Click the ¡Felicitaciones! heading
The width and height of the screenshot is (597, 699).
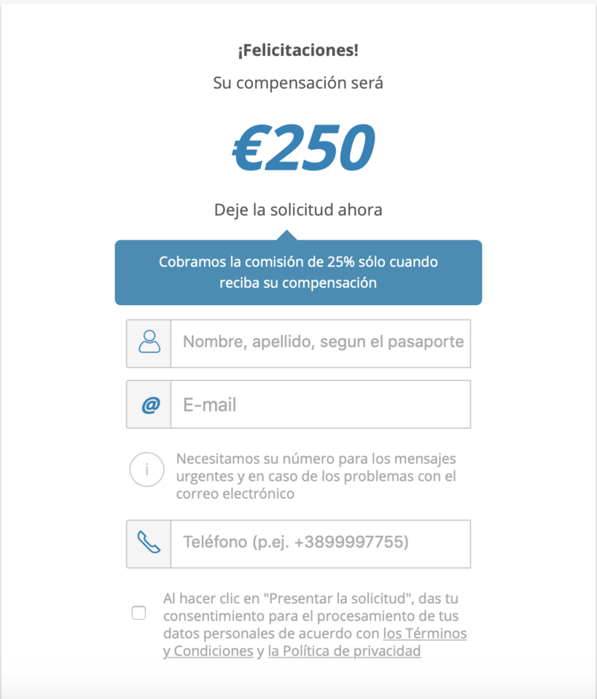point(298,51)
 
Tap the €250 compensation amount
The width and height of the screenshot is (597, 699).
point(303,148)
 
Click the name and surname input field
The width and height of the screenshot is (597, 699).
point(321,342)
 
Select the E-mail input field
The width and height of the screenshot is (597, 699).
point(321,404)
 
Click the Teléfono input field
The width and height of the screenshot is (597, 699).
point(321,543)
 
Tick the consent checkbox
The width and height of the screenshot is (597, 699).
point(138,613)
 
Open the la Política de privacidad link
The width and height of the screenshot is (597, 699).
point(345,651)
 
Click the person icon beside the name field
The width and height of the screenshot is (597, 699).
point(149,342)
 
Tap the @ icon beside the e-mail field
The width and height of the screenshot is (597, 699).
point(149,405)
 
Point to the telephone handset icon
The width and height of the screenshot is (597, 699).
point(149,543)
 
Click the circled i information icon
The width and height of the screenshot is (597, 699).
point(147,470)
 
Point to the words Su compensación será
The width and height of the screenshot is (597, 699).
point(298,83)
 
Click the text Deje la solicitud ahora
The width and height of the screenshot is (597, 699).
point(298,210)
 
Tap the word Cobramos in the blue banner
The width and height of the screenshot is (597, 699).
point(187,261)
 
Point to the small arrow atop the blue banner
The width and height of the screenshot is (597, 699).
point(287,234)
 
